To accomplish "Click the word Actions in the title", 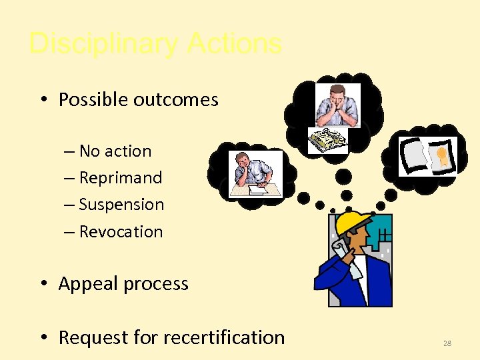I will [x=235, y=44].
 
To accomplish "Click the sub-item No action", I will [x=115, y=151].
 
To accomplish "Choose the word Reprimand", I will [x=121, y=178].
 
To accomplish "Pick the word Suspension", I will [x=121, y=205].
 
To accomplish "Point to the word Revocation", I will [x=121, y=232].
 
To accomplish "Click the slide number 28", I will [x=447, y=343].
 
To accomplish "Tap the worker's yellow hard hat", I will [x=353, y=223].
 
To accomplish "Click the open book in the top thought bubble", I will [x=327, y=139].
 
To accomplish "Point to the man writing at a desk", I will [x=255, y=174].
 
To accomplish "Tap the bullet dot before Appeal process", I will [x=43, y=285].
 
